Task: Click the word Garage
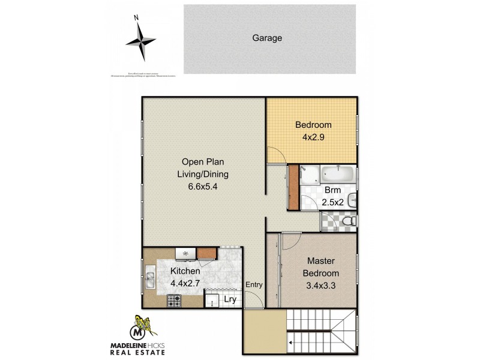click(266, 38)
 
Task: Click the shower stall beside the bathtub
click(310, 175)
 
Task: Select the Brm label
click(333, 190)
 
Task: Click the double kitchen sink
click(150, 280)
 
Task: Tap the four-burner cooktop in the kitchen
click(175, 301)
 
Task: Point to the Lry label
click(230, 299)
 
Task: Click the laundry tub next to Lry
click(213, 299)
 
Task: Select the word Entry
click(254, 285)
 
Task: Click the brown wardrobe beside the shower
click(293, 187)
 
